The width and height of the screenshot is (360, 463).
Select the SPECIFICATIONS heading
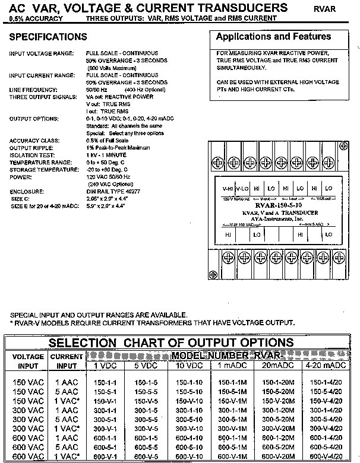[49, 37]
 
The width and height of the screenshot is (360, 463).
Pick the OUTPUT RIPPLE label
[30, 147]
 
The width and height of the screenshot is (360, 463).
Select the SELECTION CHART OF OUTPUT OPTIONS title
[170, 343]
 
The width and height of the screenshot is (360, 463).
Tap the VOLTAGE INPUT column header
[28, 361]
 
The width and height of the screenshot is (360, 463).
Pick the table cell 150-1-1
[105, 383]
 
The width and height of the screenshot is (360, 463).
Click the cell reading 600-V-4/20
[333, 456]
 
